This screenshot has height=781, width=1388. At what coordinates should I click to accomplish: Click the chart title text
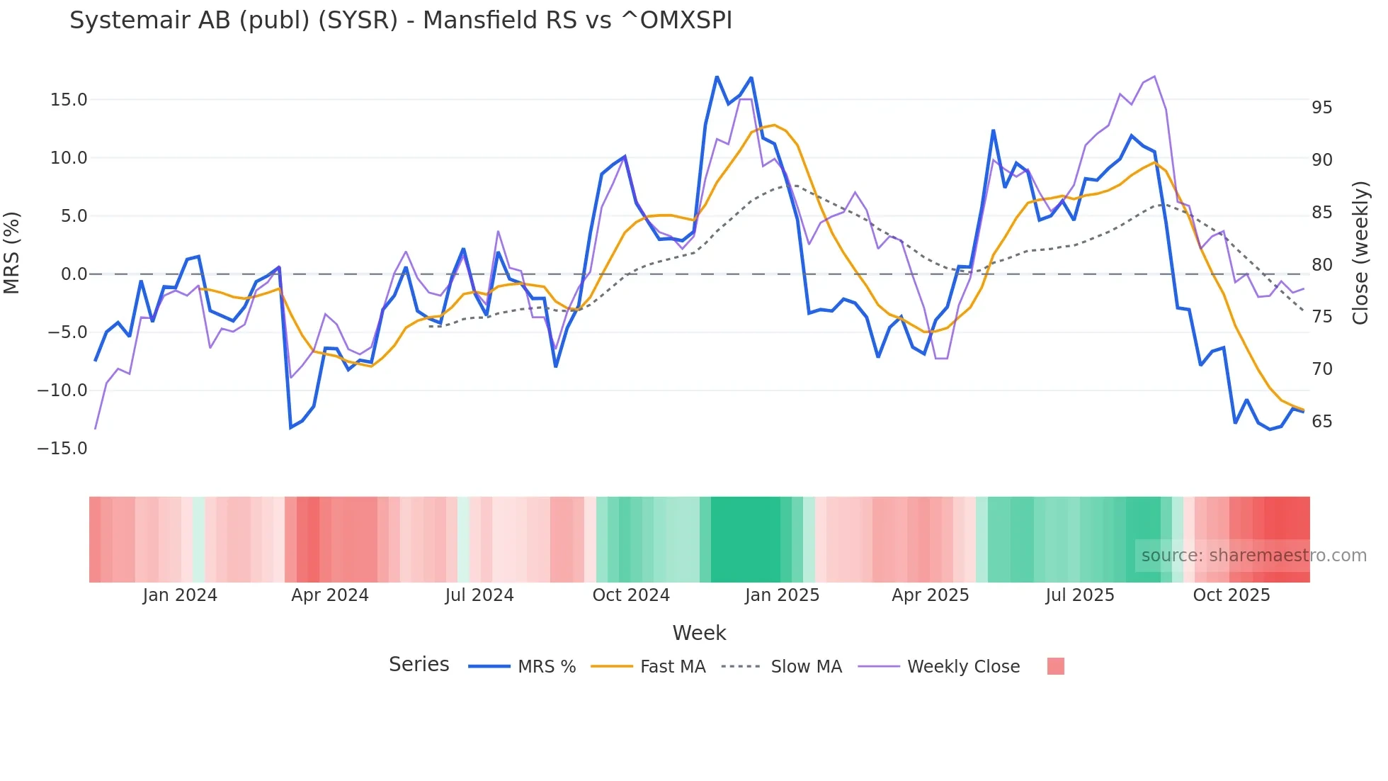tap(400, 21)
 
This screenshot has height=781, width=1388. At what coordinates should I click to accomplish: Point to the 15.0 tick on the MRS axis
tap(68, 100)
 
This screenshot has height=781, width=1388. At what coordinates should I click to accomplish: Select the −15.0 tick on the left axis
tap(62, 449)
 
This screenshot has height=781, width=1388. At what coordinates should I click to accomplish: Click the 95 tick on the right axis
tap(1321, 108)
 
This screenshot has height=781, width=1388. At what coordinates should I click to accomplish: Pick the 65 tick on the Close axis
tap(1321, 422)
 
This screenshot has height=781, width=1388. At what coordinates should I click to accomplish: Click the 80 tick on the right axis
tap(1321, 265)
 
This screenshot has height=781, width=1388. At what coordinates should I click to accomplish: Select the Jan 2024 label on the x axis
tap(180, 595)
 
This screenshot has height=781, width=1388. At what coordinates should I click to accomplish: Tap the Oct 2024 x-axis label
tap(631, 595)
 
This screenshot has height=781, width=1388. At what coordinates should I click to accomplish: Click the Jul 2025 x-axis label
tap(1080, 595)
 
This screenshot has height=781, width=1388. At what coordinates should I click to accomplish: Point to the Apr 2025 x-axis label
tap(930, 595)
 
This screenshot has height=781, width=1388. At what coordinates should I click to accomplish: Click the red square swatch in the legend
tap(1055, 666)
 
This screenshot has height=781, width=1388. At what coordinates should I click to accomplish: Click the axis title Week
tap(699, 633)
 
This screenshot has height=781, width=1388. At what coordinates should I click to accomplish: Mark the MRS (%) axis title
tap(12, 253)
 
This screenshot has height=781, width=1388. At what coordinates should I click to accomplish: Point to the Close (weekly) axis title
tap(1360, 253)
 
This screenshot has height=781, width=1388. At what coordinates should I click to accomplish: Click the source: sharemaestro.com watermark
tap(1253, 556)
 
